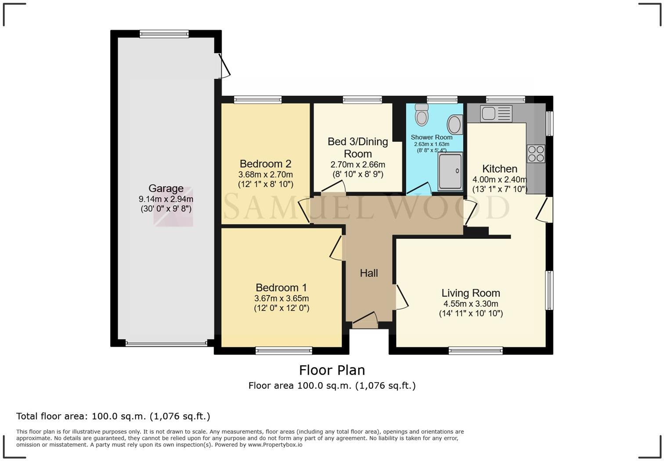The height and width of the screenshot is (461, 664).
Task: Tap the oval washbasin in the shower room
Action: [455, 124]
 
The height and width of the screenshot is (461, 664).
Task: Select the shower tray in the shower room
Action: [450, 171]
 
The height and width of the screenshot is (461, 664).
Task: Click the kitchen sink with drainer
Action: [496, 113]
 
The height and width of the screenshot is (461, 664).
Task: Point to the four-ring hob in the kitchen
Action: [536, 154]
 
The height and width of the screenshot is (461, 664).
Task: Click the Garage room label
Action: [166, 188]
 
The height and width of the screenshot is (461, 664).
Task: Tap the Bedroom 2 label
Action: [266, 164]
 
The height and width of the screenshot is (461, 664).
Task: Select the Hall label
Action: [369, 273]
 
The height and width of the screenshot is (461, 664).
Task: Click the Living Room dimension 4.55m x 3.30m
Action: [471, 304]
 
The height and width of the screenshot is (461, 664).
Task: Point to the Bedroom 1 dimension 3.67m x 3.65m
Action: [281, 298]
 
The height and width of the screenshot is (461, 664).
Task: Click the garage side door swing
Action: [224, 66]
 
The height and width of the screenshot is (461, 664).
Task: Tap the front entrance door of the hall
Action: [365, 318]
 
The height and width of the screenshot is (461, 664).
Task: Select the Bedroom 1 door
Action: [336, 249]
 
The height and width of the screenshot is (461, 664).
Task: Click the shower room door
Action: [419, 189]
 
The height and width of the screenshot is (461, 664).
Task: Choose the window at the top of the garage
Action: [164, 34]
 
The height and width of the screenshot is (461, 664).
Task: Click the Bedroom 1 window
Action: [284, 351]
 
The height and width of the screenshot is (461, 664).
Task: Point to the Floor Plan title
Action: [332, 370]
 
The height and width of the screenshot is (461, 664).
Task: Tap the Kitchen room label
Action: [500, 168]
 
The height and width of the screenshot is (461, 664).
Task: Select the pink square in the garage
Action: [173, 207]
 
